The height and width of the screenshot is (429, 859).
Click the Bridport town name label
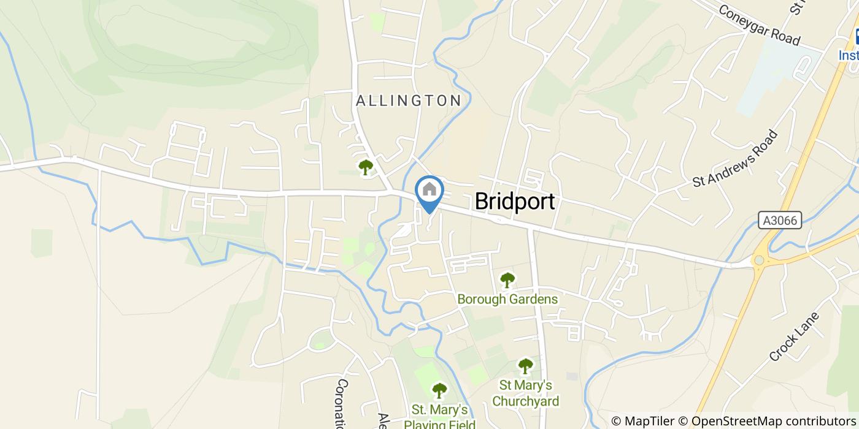tap(515, 201)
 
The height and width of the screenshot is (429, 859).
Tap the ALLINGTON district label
tap(409, 101)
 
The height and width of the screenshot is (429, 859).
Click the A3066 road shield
tap(780, 221)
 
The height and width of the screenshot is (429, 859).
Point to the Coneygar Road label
tap(759, 25)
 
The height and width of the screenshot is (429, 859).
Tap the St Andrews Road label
tap(735, 159)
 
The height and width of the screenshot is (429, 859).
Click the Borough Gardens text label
tap(507, 299)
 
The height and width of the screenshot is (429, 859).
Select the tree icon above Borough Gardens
tap(507, 281)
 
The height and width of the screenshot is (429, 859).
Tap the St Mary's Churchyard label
tap(525, 393)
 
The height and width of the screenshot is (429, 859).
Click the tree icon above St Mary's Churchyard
tap(525, 366)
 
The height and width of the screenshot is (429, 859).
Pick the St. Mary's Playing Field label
tap(439, 416)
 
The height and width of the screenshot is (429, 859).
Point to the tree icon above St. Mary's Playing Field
tap(439, 390)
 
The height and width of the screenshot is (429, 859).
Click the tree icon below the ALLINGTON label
tap(366, 167)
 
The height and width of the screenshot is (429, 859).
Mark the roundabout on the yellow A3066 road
tap(759, 260)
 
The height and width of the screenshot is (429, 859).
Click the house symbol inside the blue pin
tap(429, 189)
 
